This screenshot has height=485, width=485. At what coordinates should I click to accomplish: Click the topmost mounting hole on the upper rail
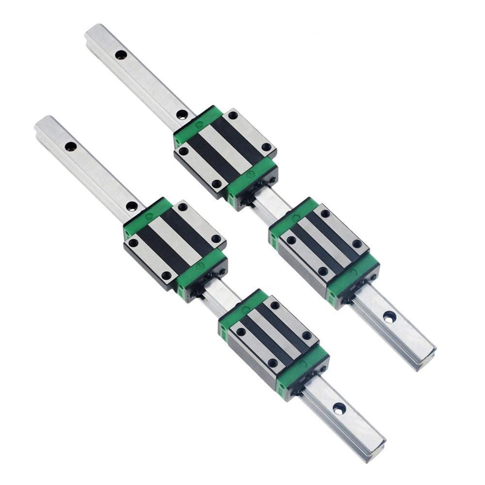tap(121, 55)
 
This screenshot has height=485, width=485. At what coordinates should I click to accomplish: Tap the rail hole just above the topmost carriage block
tap(182, 114)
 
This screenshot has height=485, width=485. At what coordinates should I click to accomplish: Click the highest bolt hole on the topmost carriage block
tap(233, 115)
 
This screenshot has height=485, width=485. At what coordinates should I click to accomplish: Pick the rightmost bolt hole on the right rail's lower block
tap(358, 244)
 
